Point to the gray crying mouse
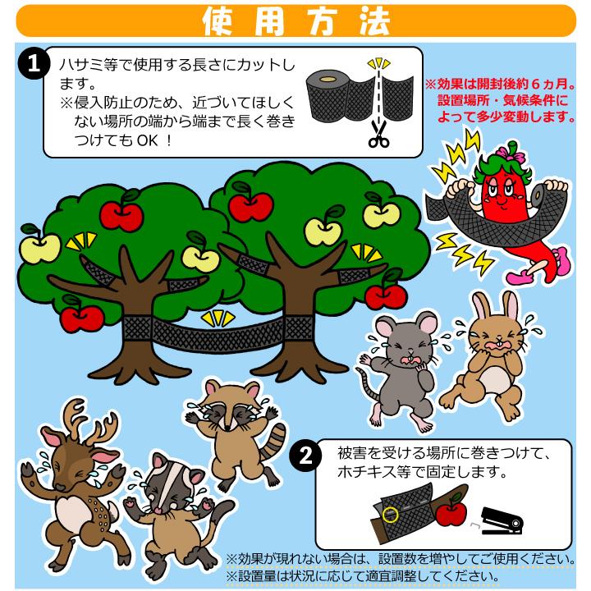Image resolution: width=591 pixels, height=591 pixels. click(397, 361)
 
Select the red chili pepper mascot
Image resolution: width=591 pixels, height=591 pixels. click(501, 205)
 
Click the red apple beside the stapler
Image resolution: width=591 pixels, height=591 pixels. click(451, 512)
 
